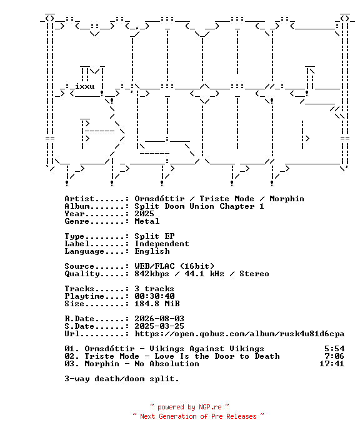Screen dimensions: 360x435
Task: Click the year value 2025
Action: point(144,214)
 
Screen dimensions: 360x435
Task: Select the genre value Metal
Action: point(147,221)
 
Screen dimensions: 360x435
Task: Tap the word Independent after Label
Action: point(162,244)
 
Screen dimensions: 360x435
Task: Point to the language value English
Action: point(152,251)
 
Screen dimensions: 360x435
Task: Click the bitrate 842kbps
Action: point(152,274)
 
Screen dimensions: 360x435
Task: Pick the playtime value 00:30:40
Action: point(154,296)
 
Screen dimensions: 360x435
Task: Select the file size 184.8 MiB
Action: point(157,304)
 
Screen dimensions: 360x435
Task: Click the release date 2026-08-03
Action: point(159,319)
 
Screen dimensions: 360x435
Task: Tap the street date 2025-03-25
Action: point(159,326)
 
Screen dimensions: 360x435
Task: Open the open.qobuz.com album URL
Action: point(239,334)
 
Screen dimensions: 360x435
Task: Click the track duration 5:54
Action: point(334,349)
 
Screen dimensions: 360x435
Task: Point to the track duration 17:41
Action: point(332,363)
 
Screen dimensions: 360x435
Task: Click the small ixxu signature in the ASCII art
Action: point(84,86)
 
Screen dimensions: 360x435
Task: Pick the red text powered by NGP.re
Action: point(189,407)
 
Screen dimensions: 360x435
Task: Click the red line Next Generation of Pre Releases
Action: point(198,416)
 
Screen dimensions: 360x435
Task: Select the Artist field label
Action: point(79,199)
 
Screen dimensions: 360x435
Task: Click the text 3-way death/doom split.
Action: point(122,378)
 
